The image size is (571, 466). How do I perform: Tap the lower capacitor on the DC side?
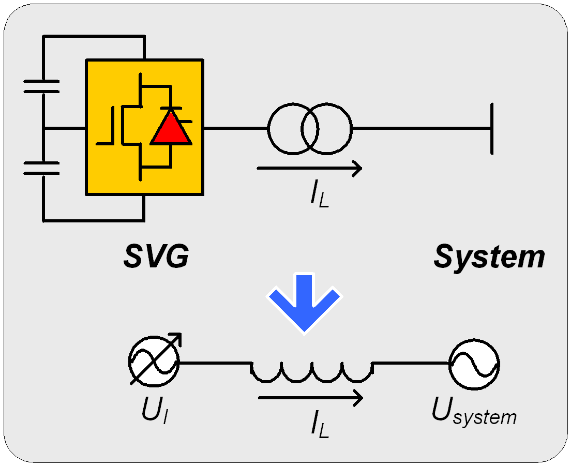[x=41, y=168]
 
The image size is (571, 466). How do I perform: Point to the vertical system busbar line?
[x=492, y=128]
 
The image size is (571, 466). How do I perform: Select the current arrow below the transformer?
[x=309, y=168]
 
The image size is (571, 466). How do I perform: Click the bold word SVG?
[x=156, y=256]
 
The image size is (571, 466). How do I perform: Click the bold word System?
[x=489, y=256]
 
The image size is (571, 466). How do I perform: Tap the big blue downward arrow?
[x=305, y=303]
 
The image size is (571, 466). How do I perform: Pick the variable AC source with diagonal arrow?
[x=154, y=362]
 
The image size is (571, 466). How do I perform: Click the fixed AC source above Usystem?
[x=474, y=365]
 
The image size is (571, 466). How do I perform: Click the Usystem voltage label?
[x=474, y=412]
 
